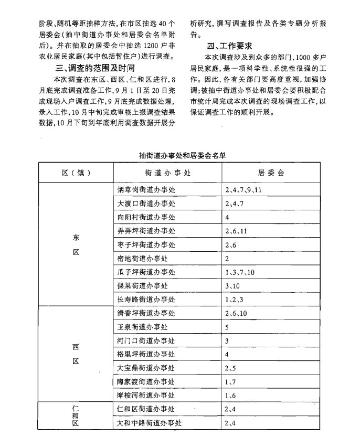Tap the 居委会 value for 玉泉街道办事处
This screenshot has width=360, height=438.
[x=227, y=327]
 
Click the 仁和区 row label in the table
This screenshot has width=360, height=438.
[x=76, y=415]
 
